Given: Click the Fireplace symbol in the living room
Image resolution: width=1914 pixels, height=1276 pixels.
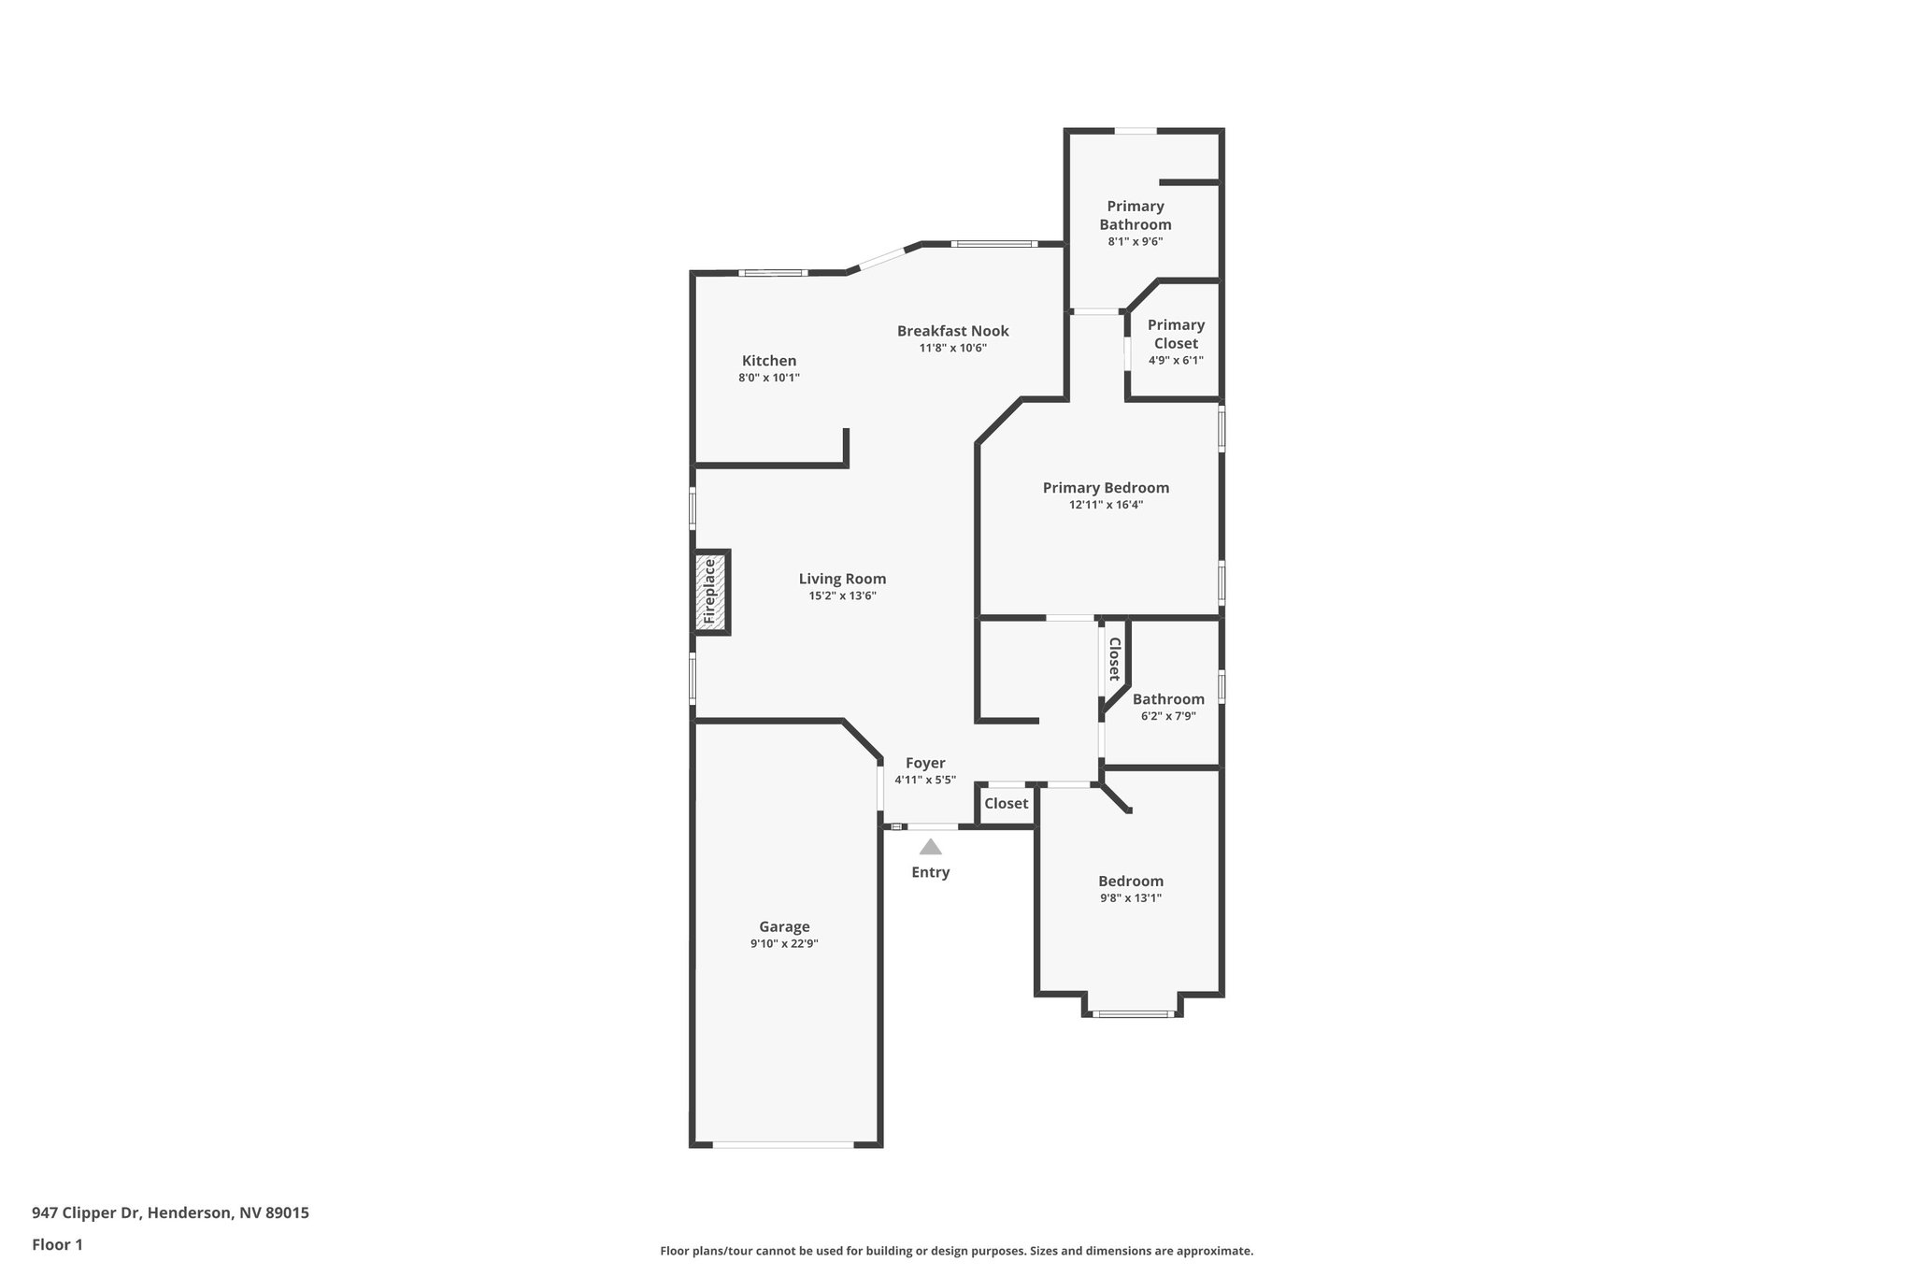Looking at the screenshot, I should pyautogui.click(x=709, y=592).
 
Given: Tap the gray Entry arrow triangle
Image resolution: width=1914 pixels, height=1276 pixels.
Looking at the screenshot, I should pyautogui.click(x=930, y=847).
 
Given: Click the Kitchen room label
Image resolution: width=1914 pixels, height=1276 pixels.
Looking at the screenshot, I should pyautogui.click(x=769, y=361).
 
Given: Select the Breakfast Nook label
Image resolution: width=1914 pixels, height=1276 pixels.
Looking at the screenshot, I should pyautogui.click(x=952, y=331).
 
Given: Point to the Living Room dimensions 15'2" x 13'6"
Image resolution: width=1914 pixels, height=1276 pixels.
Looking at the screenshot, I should pyautogui.click(x=842, y=596).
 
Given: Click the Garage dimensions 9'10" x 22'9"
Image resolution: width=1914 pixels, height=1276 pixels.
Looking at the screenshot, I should pyautogui.click(x=784, y=944).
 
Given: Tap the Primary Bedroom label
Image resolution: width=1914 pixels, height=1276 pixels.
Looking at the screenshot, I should pyautogui.click(x=1106, y=488).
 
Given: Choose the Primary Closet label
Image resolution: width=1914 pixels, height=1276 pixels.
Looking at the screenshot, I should pyautogui.click(x=1176, y=334).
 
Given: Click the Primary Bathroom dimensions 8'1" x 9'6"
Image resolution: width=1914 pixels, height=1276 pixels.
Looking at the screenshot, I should pyautogui.click(x=1135, y=242).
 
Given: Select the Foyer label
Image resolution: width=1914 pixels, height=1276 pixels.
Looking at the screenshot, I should pyautogui.click(x=925, y=763).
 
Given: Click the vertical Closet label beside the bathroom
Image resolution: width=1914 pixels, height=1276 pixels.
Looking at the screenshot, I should pyautogui.click(x=1114, y=658).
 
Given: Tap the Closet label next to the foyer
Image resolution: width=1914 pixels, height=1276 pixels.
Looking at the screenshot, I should pyautogui.click(x=1006, y=804).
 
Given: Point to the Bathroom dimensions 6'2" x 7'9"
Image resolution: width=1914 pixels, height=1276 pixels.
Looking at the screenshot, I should pyautogui.click(x=1168, y=717).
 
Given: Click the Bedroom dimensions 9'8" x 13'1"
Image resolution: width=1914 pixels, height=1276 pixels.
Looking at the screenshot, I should pyautogui.click(x=1131, y=898).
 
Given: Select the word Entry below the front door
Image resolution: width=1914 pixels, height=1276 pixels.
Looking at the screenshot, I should pyautogui.click(x=930, y=872).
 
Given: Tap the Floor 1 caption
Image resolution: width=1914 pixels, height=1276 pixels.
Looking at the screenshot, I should pyautogui.click(x=57, y=1245).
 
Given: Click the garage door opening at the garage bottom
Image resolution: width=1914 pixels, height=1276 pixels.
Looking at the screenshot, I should pyautogui.click(x=783, y=1144).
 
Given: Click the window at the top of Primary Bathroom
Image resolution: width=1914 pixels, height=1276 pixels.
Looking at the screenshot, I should pyautogui.click(x=1136, y=131).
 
